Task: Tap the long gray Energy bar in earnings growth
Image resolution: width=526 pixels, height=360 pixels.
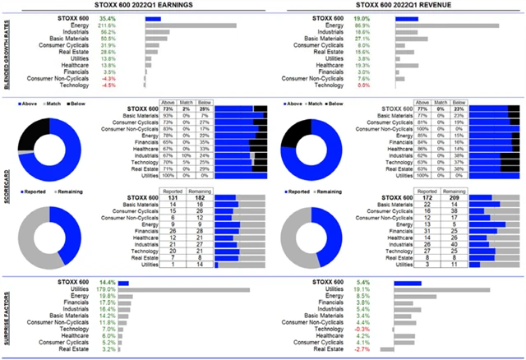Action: pos(190,25)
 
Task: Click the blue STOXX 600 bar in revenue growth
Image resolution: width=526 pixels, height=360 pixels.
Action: pos(406,18)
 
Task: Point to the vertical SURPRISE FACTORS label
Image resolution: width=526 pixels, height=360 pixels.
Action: pos(7,316)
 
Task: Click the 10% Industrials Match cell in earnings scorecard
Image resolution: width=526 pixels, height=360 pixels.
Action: pos(190,155)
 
